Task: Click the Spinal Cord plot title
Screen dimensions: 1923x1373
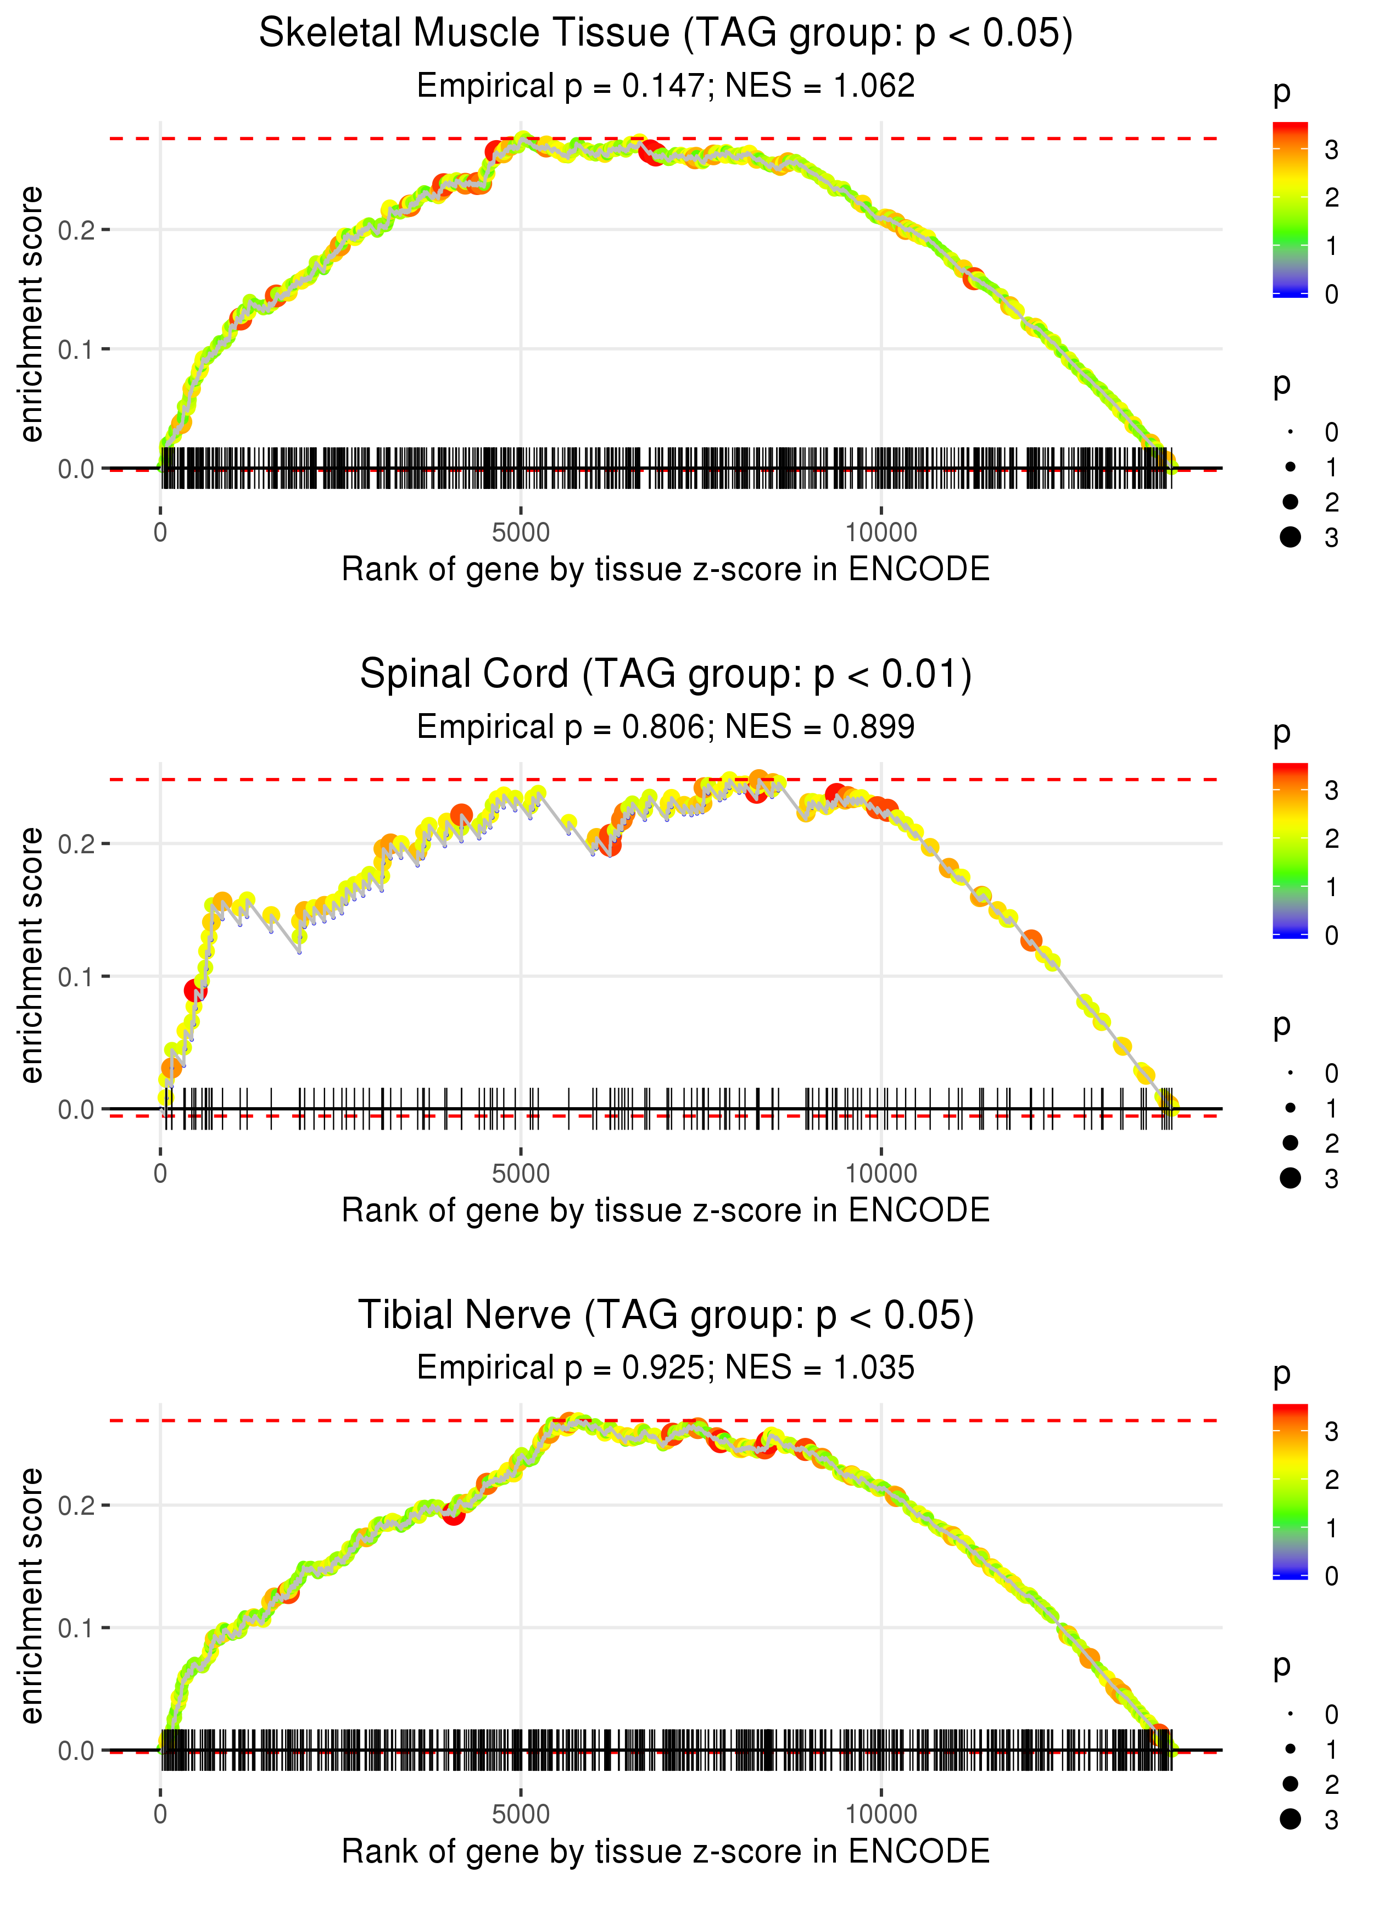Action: (x=666, y=675)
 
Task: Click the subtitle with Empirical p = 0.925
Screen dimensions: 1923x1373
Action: (x=666, y=1368)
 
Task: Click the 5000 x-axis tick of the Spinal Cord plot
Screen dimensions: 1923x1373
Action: (x=521, y=1174)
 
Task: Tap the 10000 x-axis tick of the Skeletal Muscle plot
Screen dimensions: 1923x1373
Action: (x=881, y=533)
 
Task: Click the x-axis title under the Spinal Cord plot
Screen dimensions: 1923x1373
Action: (x=666, y=1211)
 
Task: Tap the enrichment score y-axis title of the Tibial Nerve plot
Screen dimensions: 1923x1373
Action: (x=31, y=1596)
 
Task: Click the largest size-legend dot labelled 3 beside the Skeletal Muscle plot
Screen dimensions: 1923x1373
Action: (x=1290, y=537)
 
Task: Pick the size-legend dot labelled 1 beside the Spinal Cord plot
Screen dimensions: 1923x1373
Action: (x=1290, y=1108)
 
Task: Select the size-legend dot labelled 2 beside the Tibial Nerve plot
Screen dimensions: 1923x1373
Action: (x=1290, y=1783)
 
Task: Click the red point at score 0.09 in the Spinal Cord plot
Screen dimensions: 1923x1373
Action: (x=194, y=990)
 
